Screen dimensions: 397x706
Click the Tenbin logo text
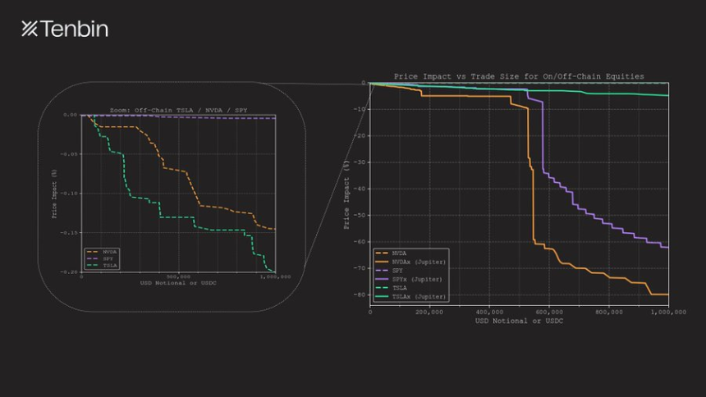(65, 30)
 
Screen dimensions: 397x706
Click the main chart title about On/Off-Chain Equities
(519, 76)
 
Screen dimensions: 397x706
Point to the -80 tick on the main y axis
(360, 294)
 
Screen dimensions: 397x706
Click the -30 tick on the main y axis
(360, 162)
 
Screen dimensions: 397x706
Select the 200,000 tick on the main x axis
(430, 313)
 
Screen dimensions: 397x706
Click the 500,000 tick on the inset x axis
(178, 277)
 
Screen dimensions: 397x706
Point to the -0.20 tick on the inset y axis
(70, 272)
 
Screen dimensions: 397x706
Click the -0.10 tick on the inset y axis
(70, 194)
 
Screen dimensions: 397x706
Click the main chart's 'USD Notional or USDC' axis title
(519, 321)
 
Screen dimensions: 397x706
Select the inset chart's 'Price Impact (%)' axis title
(54, 194)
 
